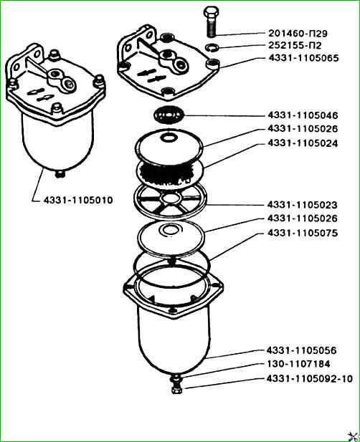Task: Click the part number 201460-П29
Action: click(x=298, y=33)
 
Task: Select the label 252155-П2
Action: click(x=295, y=45)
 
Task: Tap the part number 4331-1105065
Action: click(x=303, y=58)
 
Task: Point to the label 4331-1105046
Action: click(x=303, y=115)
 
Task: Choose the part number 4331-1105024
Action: click(x=303, y=143)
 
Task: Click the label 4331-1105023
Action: click(x=302, y=205)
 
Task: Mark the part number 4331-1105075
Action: click(x=303, y=233)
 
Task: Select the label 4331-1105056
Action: click(x=302, y=350)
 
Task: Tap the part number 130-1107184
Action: click(x=298, y=364)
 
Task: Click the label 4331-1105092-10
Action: click(x=310, y=378)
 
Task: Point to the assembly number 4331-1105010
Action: click(x=78, y=200)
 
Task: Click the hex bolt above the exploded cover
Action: click(x=211, y=21)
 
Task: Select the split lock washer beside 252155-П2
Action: click(x=212, y=47)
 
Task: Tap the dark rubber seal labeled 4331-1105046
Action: click(x=169, y=115)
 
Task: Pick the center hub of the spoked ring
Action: click(x=171, y=199)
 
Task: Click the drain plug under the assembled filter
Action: click(x=60, y=174)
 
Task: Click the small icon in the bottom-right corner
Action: click(x=353, y=436)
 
